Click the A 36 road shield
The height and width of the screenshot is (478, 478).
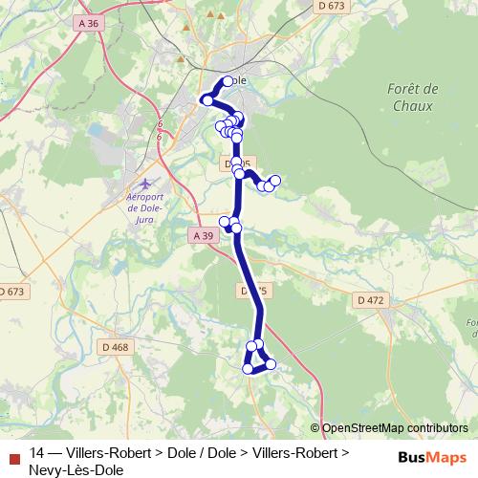tap(89, 22)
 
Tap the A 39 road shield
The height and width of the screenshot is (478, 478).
tap(201, 235)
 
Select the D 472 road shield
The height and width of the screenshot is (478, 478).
tap(370, 300)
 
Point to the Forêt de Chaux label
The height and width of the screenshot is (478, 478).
tap(414, 97)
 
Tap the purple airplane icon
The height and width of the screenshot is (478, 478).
tap(144, 183)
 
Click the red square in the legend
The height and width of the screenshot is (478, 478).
tap(13, 454)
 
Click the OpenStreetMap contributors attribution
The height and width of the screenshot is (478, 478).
tap(395, 428)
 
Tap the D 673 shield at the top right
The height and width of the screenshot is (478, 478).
tap(330, 6)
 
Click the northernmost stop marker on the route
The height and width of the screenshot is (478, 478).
tap(228, 81)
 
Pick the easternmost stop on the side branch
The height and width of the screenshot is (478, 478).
tap(275, 180)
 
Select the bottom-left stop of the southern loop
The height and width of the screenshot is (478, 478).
tap(248, 368)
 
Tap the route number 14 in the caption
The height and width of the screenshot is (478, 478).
tap(37, 453)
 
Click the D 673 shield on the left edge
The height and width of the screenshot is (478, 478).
tap(11, 291)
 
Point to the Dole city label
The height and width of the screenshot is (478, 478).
tap(238, 81)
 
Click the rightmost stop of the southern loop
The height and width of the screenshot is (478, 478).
tap(271, 363)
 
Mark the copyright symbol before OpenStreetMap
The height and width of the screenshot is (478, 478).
tap(315, 428)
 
